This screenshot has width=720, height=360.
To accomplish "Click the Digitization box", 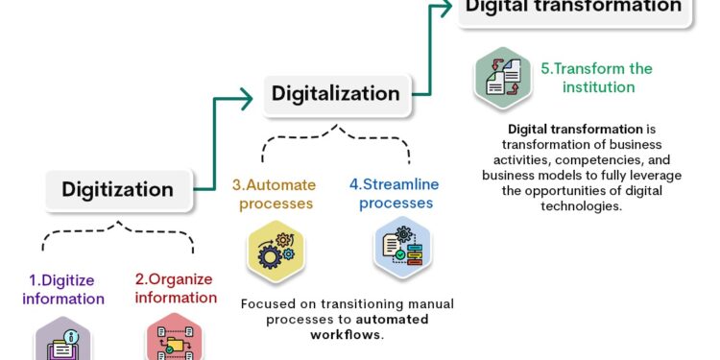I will point(118,189).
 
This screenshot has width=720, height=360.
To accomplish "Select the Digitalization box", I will point(335,94).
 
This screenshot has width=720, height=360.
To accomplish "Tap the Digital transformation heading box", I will point(573,8).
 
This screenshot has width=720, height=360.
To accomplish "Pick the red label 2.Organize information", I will point(176,289).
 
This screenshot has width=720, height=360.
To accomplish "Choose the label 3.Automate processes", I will point(273,194).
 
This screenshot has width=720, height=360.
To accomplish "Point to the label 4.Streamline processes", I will point(390,194).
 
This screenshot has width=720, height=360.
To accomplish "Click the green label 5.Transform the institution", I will point(596,78).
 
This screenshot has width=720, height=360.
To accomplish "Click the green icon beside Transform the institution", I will point(503,78).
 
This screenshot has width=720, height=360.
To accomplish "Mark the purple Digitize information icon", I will point(63,342).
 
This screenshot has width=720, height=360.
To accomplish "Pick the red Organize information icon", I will point(175,342).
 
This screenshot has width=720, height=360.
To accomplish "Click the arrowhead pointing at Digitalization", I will point(258,95).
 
